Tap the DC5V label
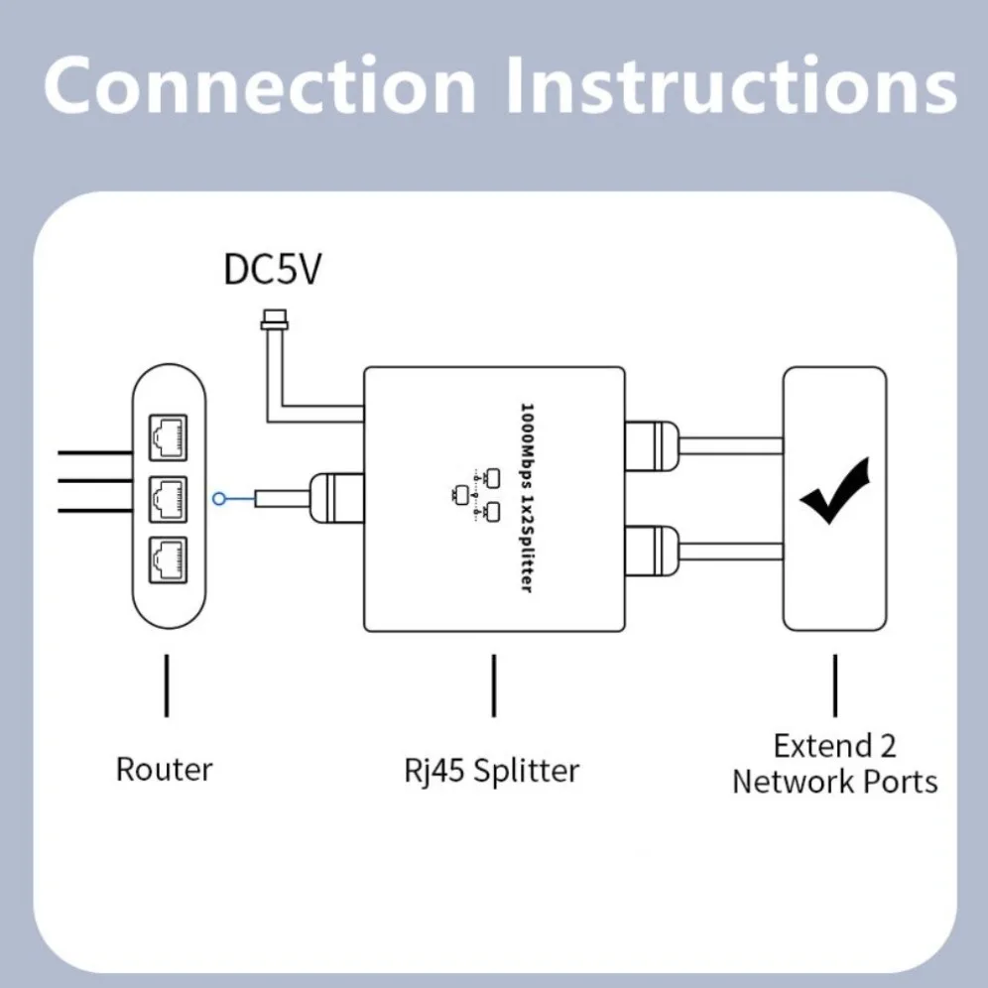pos(273,270)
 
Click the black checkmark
pos(834,491)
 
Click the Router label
pos(165,769)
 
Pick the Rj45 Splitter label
pos(493,771)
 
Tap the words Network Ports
pos(834,782)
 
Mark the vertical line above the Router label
pos(166,685)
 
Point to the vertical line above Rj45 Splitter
pos(493,685)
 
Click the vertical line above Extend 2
pos(835,685)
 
